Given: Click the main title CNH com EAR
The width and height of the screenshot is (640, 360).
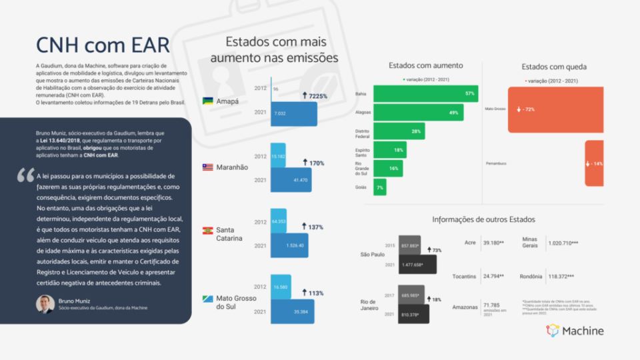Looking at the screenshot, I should pyautogui.click(x=103, y=45).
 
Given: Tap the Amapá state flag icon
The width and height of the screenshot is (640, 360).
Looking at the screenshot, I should pyautogui.click(x=208, y=101).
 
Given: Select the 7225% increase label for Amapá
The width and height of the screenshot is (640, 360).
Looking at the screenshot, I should pyautogui.click(x=314, y=97).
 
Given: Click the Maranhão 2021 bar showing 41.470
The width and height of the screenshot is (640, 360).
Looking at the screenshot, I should pyautogui.click(x=293, y=180).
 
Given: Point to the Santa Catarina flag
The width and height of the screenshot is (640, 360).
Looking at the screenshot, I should pyautogui.click(x=208, y=230).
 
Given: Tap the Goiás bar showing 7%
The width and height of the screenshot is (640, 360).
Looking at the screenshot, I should pyautogui.click(x=379, y=188).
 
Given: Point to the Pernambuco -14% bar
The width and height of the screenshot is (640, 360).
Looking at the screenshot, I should pyautogui.click(x=593, y=163).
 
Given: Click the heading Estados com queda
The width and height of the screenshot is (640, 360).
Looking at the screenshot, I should pyautogui.click(x=554, y=67).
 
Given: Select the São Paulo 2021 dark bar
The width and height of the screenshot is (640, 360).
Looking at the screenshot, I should pyautogui.click(x=417, y=265).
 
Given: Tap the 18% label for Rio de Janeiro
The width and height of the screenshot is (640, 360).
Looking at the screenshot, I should pyautogui.click(x=434, y=299).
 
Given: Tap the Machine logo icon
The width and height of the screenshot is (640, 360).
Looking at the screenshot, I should pyautogui.click(x=553, y=331).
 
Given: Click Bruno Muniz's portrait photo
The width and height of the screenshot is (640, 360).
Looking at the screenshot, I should pyautogui.click(x=45, y=304).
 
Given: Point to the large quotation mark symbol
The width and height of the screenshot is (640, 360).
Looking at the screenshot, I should pyautogui.click(x=26, y=176).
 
